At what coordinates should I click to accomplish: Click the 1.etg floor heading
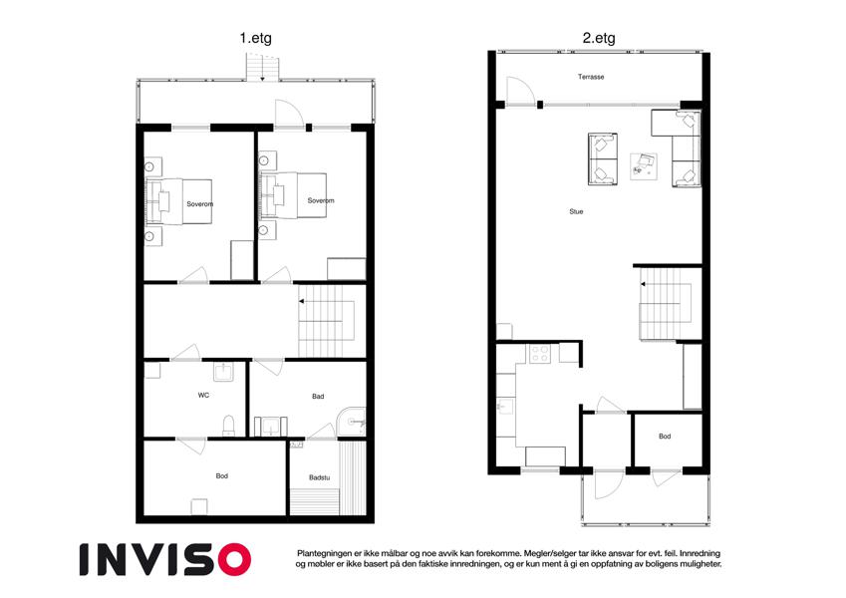(x=256, y=38)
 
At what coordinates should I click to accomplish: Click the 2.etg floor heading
(x=598, y=38)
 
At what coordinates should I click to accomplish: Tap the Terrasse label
(x=591, y=77)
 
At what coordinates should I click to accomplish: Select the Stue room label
(x=576, y=211)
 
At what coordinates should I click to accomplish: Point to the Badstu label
(x=320, y=477)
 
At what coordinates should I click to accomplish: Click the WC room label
(x=203, y=395)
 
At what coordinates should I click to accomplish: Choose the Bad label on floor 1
(x=318, y=396)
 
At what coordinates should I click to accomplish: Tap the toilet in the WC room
(x=229, y=426)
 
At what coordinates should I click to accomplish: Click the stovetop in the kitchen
(x=539, y=354)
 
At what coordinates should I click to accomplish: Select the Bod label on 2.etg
(x=665, y=437)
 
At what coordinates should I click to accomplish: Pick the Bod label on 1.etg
(x=222, y=476)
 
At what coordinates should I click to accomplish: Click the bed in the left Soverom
(x=179, y=201)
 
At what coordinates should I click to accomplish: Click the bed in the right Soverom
(x=293, y=195)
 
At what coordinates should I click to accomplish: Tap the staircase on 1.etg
(x=327, y=321)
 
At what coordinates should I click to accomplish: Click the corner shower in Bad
(x=352, y=421)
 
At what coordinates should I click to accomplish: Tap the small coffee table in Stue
(x=644, y=166)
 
